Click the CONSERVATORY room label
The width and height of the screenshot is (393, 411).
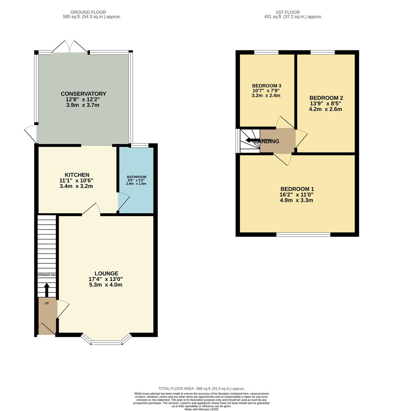point(83,94)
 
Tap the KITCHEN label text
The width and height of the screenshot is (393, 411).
point(77,175)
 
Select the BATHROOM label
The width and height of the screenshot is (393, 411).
point(136,177)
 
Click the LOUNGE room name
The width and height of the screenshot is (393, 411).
point(106,274)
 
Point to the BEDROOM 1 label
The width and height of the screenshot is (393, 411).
point(297,189)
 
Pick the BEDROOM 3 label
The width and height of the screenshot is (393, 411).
point(266,86)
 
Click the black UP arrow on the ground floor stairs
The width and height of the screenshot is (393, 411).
point(47,290)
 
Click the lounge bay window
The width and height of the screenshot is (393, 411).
point(107,342)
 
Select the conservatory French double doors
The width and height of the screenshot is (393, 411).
point(69,47)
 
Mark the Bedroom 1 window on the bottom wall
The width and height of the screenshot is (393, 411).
point(303,235)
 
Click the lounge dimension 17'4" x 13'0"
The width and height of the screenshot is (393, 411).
point(106,279)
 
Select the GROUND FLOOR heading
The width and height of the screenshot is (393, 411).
point(88,12)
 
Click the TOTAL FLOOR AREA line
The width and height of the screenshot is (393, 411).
point(201,389)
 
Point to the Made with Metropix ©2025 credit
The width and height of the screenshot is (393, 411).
point(201,409)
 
